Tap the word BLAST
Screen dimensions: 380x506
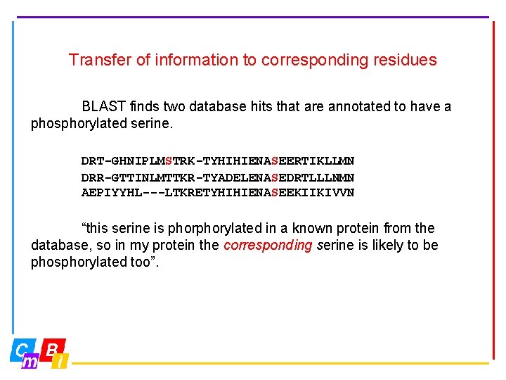[103, 107]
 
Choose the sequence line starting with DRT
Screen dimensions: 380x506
[217, 161]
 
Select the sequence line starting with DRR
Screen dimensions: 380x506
[217, 177]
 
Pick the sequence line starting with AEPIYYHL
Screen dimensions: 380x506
[217, 192]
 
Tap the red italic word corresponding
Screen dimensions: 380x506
[268, 246]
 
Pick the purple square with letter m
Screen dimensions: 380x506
[30, 361]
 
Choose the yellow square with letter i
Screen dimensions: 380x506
[61, 361]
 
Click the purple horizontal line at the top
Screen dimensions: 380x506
[253, 16]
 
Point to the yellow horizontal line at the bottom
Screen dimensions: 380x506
[281, 363]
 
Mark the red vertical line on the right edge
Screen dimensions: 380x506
[493, 190]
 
